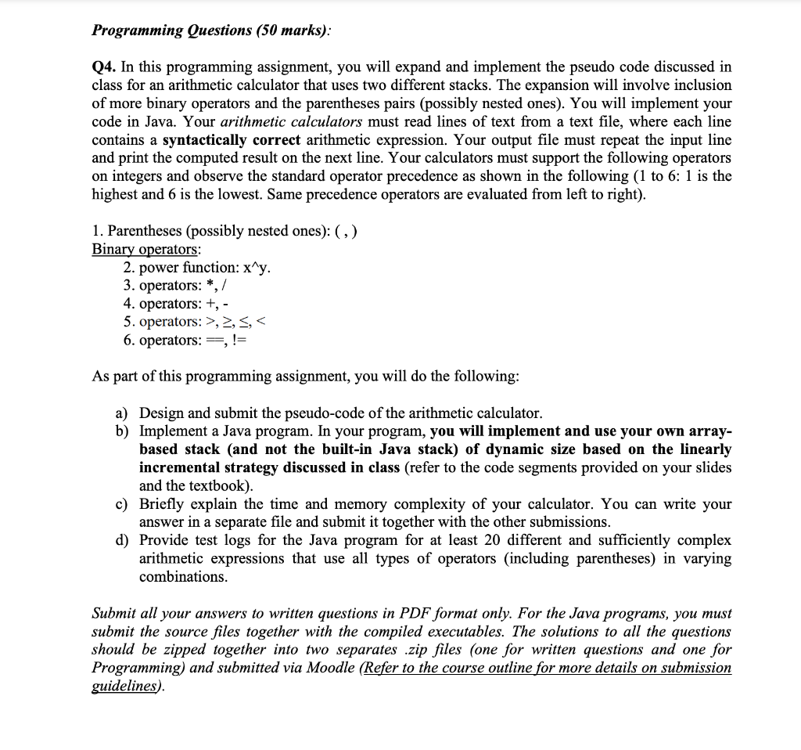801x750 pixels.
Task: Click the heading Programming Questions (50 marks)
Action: [211, 31]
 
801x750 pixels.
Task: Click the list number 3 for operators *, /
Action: [128, 285]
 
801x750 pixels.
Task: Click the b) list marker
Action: [123, 431]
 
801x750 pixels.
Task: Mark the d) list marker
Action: [123, 540]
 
